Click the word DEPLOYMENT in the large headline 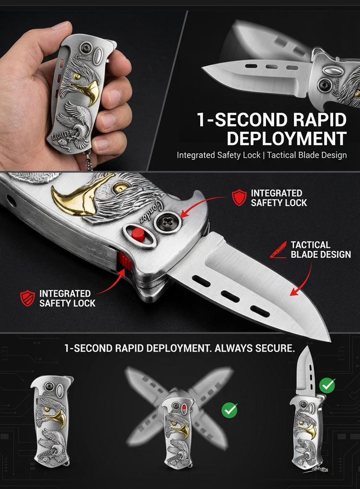coord(287,139)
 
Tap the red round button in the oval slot coord(138,234)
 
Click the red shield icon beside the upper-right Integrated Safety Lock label coord(239,198)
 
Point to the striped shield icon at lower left coord(27,298)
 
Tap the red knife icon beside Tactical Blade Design coord(278,250)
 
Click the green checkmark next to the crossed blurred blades coord(229,410)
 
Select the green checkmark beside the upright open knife coord(327,386)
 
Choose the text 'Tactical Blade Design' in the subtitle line coord(307,155)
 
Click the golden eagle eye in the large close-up coord(121,187)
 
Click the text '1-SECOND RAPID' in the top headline coord(271,120)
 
